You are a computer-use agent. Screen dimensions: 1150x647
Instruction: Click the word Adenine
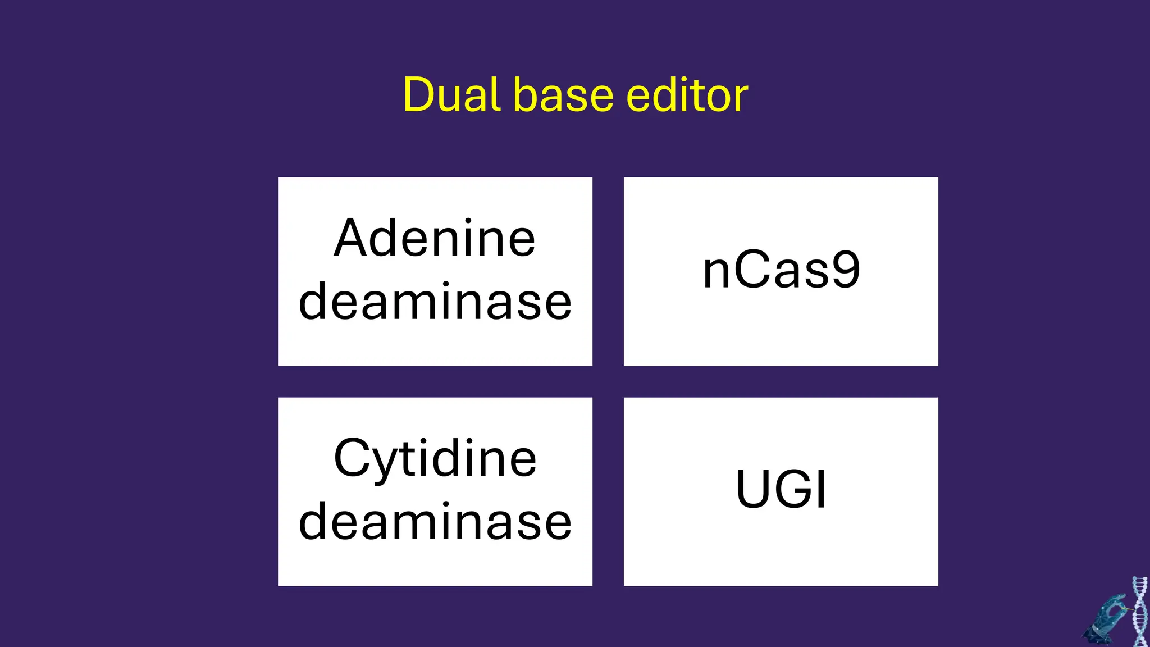(x=435, y=238)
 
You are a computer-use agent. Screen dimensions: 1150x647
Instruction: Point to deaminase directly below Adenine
(x=435, y=302)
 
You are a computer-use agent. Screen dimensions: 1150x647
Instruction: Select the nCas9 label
(x=781, y=270)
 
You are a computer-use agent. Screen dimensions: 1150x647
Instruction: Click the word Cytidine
(x=435, y=459)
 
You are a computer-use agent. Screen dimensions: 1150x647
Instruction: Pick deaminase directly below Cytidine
(x=435, y=522)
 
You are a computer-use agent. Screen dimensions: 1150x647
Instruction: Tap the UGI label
(x=781, y=489)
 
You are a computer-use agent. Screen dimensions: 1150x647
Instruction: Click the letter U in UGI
(x=753, y=489)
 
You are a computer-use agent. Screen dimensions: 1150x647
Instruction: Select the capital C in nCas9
(x=750, y=270)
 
